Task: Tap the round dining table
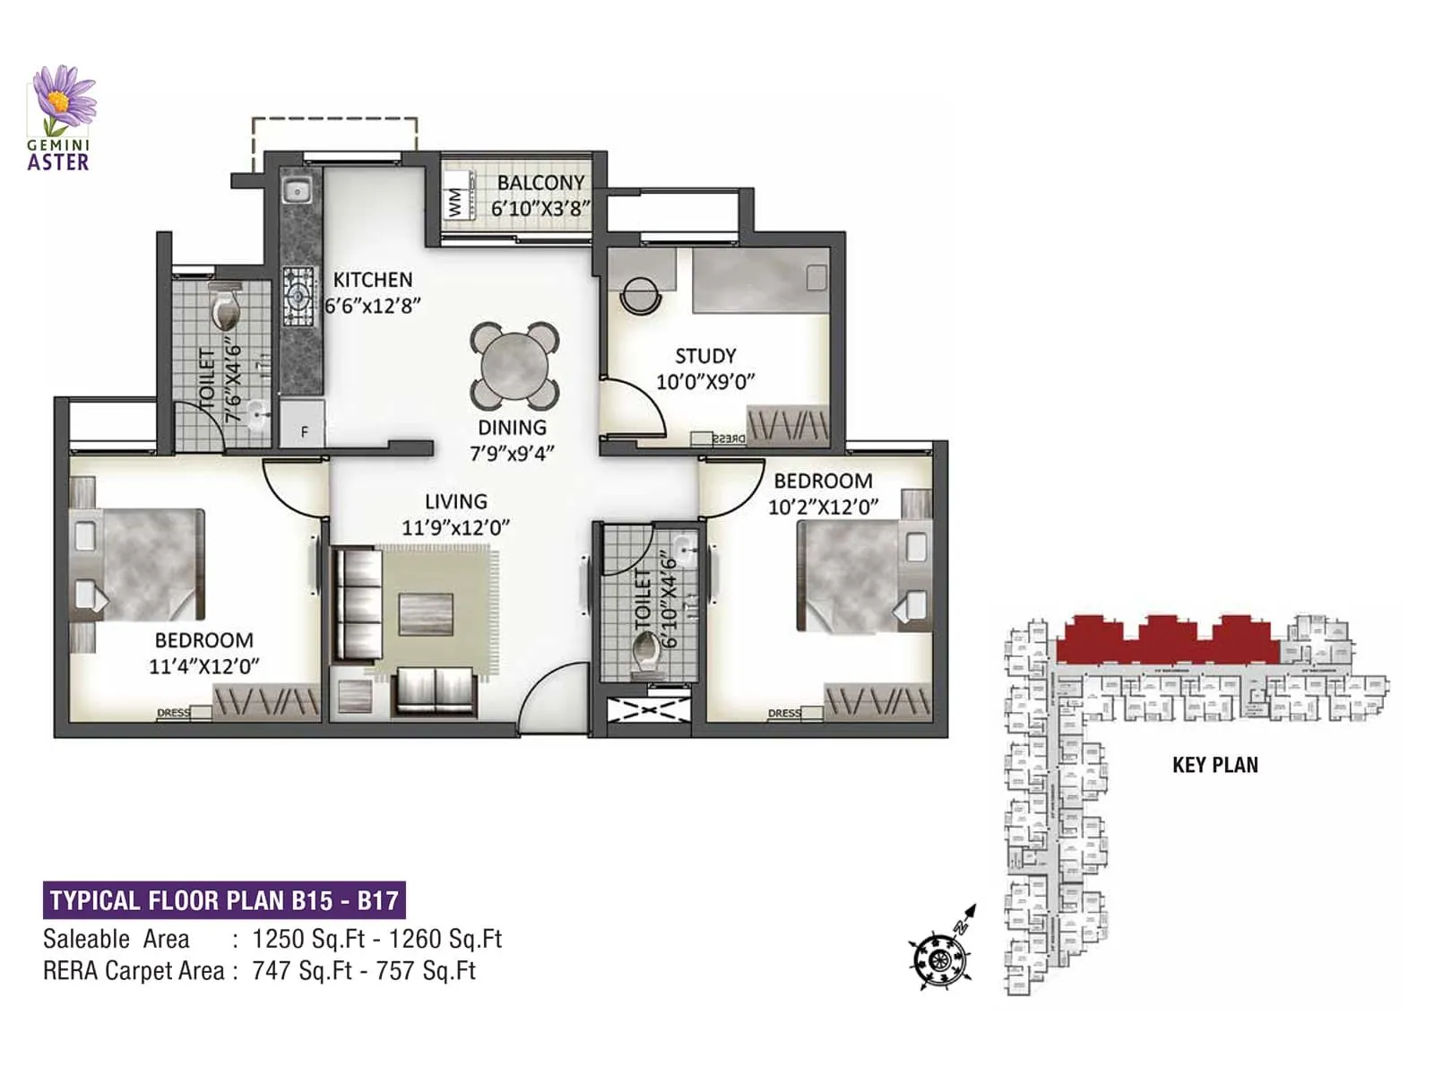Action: point(514,367)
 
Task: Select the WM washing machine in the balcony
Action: point(456,203)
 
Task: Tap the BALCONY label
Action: point(540,183)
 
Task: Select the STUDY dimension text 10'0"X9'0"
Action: point(705,382)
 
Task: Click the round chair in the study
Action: point(642,294)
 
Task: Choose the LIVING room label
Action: point(455,502)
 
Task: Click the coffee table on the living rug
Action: point(426,614)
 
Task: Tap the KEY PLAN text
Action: point(1214,765)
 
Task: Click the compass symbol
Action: point(940,958)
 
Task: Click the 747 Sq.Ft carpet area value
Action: point(301,971)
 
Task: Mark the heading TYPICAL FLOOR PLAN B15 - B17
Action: point(224,900)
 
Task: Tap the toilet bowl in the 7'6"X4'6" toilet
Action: point(226,309)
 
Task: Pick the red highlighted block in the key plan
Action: point(1165,640)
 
